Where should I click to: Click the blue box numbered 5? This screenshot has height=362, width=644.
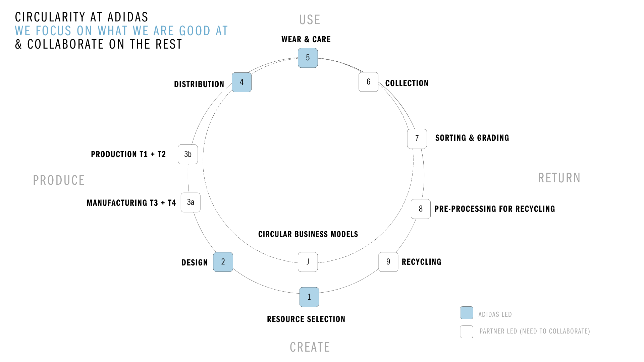coord(308,58)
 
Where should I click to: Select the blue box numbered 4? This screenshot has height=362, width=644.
coord(241,82)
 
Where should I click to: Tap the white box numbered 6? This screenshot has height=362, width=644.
coord(368,82)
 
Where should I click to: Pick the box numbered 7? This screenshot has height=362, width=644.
coord(417,138)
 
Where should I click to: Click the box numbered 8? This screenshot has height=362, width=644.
coord(421,209)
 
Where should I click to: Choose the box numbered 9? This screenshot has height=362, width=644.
coord(388,262)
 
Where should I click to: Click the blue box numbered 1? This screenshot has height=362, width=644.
coord(309,297)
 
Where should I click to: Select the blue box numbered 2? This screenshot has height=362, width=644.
coord(223,262)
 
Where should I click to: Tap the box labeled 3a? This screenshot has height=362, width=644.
coord(191,202)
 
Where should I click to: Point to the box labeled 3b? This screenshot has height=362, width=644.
coord(188,154)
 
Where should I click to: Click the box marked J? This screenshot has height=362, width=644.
coord(308,262)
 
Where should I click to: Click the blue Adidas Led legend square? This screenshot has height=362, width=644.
coord(467,313)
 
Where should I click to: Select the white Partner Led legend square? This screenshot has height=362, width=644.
coord(467,331)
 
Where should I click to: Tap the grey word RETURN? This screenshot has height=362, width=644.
coord(559,178)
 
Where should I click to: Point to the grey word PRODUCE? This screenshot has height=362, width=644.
coord(59,180)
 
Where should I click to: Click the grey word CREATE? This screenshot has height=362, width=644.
coord(310,347)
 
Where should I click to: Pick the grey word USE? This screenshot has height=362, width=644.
coord(310,20)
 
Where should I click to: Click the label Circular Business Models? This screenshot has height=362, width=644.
coord(308,234)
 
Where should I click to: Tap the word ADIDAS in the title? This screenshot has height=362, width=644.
coord(128,17)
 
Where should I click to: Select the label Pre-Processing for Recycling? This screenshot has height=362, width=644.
coord(495,209)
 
